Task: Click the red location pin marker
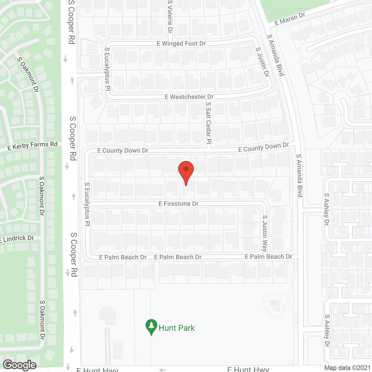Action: click(186, 171)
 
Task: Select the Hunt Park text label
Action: click(176, 328)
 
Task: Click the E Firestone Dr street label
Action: click(178, 204)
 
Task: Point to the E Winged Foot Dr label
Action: click(181, 44)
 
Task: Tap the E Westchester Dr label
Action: click(189, 97)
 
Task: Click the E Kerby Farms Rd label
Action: click(33, 146)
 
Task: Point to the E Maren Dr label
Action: click(289, 19)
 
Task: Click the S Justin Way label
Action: click(264, 233)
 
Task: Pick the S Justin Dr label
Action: click(262, 62)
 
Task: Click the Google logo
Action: click(20, 365)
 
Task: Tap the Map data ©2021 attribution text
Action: click(347, 368)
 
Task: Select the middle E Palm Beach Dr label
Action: click(178, 257)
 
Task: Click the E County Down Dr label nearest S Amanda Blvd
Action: click(263, 147)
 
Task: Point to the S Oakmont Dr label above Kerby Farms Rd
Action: click(28, 75)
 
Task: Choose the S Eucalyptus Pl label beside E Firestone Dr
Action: click(87, 204)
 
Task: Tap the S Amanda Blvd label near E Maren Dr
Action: click(276, 55)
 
